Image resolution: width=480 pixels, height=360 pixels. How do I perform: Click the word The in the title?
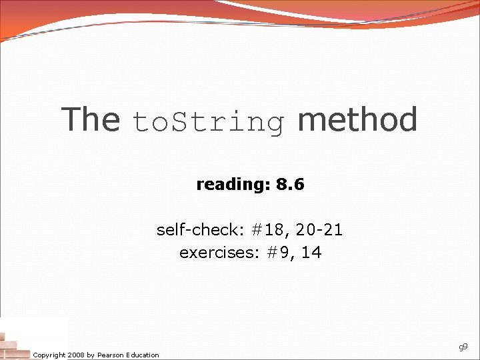point(90,119)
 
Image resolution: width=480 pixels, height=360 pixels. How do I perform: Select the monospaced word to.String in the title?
point(209,122)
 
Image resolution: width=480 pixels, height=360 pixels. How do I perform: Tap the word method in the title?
point(357,119)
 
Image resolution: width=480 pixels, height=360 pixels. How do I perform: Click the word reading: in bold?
point(227,185)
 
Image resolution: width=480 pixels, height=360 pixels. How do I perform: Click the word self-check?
point(201,230)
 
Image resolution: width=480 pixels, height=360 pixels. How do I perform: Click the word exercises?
point(212,253)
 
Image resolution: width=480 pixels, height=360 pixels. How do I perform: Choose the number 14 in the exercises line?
point(310,253)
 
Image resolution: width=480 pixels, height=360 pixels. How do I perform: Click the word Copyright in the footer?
point(49,355)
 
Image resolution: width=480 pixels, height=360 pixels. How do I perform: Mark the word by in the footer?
point(91,355)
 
